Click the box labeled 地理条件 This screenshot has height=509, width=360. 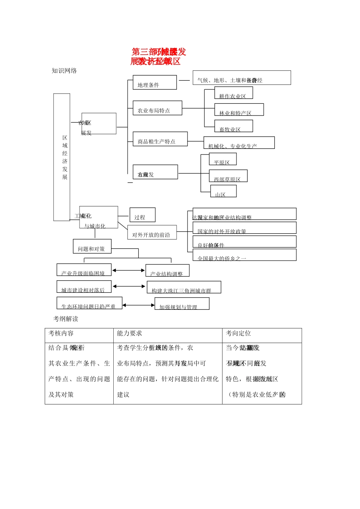pos(155,83)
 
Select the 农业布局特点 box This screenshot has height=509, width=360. pos(157,108)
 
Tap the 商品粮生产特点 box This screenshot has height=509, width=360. pos(160,139)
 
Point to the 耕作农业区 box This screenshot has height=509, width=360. pos(233,93)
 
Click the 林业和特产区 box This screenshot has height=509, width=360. pos(239,110)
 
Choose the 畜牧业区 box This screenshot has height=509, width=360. pos(233,126)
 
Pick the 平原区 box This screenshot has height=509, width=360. pos(223,159)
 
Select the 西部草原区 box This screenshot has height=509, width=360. pos(228,176)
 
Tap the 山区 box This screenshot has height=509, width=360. pos(223,191)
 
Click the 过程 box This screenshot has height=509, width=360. pos(142,215)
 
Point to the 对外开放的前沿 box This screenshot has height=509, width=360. pos(152,232)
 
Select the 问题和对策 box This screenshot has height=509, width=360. pos(92,246)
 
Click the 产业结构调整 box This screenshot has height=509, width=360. pos(167,271)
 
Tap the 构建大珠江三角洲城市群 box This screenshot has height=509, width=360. pos(184,287)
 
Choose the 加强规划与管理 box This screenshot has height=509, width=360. pos(182,304)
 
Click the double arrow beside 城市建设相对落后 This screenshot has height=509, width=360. pos(129,287)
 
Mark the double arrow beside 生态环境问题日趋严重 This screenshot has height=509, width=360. pos(138,305)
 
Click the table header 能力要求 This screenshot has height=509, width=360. pos(130,333)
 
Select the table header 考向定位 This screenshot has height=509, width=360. pos(238,333)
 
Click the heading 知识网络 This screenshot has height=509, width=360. pos(64,71)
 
